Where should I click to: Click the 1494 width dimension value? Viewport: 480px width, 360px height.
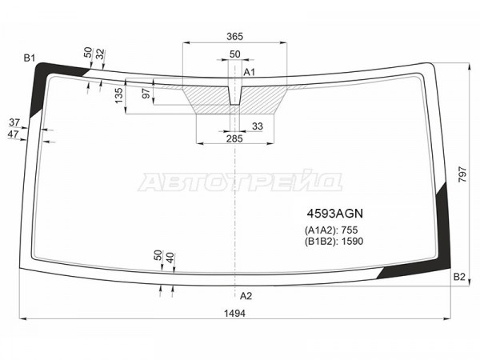pos(234,313)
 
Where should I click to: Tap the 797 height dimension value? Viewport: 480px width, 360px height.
pos(462,174)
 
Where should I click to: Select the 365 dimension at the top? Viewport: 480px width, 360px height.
pos(234,37)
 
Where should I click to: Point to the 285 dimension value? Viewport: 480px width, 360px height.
pos(234,138)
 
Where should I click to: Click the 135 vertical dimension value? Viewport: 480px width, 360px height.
pos(119,95)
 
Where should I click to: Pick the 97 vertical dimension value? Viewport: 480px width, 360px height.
pos(146,94)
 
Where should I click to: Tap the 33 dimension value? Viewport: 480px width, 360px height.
pos(258,126)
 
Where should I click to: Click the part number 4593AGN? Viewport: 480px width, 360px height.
pos(335,214)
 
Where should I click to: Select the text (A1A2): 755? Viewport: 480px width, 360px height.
pos(331,230)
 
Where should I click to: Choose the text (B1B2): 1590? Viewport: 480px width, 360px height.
pos(334,242)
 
